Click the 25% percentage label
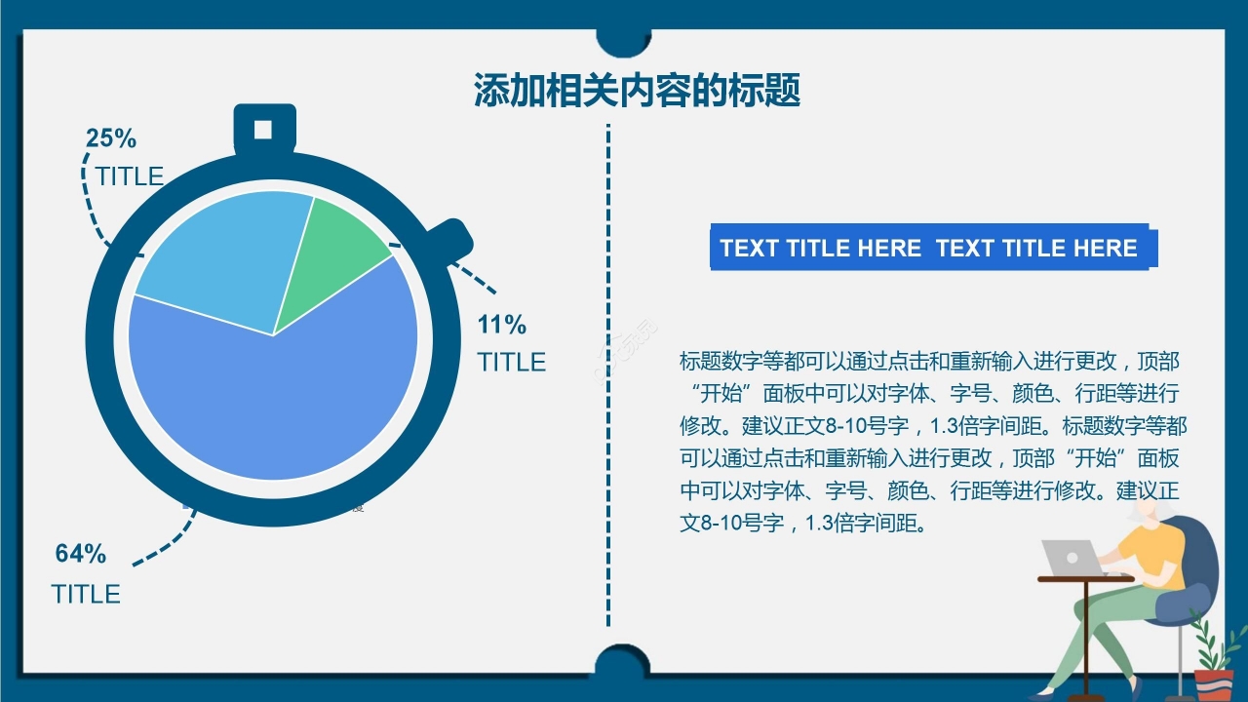[x=111, y=138]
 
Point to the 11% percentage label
[x=501, y=325]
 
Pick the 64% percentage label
[x=81, y=553]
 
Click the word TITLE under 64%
[x=86, y=595]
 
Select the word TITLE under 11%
[x=512, y=362]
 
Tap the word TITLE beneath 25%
[x=130, y=176]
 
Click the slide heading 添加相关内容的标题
[x=638, y=90]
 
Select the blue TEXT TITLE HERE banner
[x=934, y=248]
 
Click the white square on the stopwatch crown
[x=263, y=130]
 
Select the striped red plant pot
[x=1214, y=685]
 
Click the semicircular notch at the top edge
[x=623, y=43]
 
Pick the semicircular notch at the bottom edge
[x=623, y=659]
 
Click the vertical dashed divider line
[x=608, y=375]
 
